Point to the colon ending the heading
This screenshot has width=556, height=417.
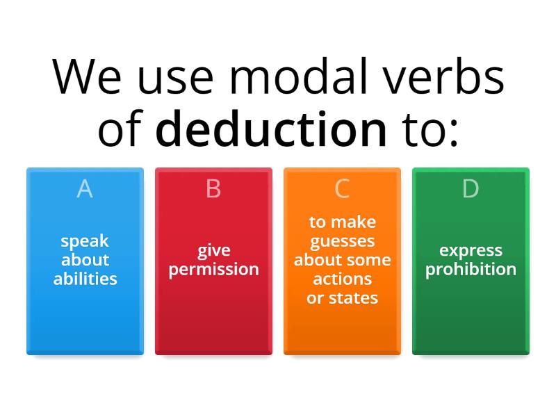pos(454,132)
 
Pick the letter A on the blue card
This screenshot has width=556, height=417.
pos(85,188)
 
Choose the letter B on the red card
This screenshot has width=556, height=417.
pos(213,188)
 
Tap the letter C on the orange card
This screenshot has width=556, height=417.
pos(342,188)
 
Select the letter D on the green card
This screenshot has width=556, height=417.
pos(471,188)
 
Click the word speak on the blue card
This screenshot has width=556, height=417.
pos(85,242)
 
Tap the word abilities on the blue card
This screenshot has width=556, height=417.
pos(85,279)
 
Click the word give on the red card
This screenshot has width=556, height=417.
pos(213,250)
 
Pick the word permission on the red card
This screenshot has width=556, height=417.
pos(213,269)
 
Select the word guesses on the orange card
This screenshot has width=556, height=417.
pos(342,242)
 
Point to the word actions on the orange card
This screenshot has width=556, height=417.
pos(342,279)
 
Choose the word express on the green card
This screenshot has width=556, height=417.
pos(471,250)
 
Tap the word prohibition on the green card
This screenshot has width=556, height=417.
pos(471,269)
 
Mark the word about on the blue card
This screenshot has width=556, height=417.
pos(85,260)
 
